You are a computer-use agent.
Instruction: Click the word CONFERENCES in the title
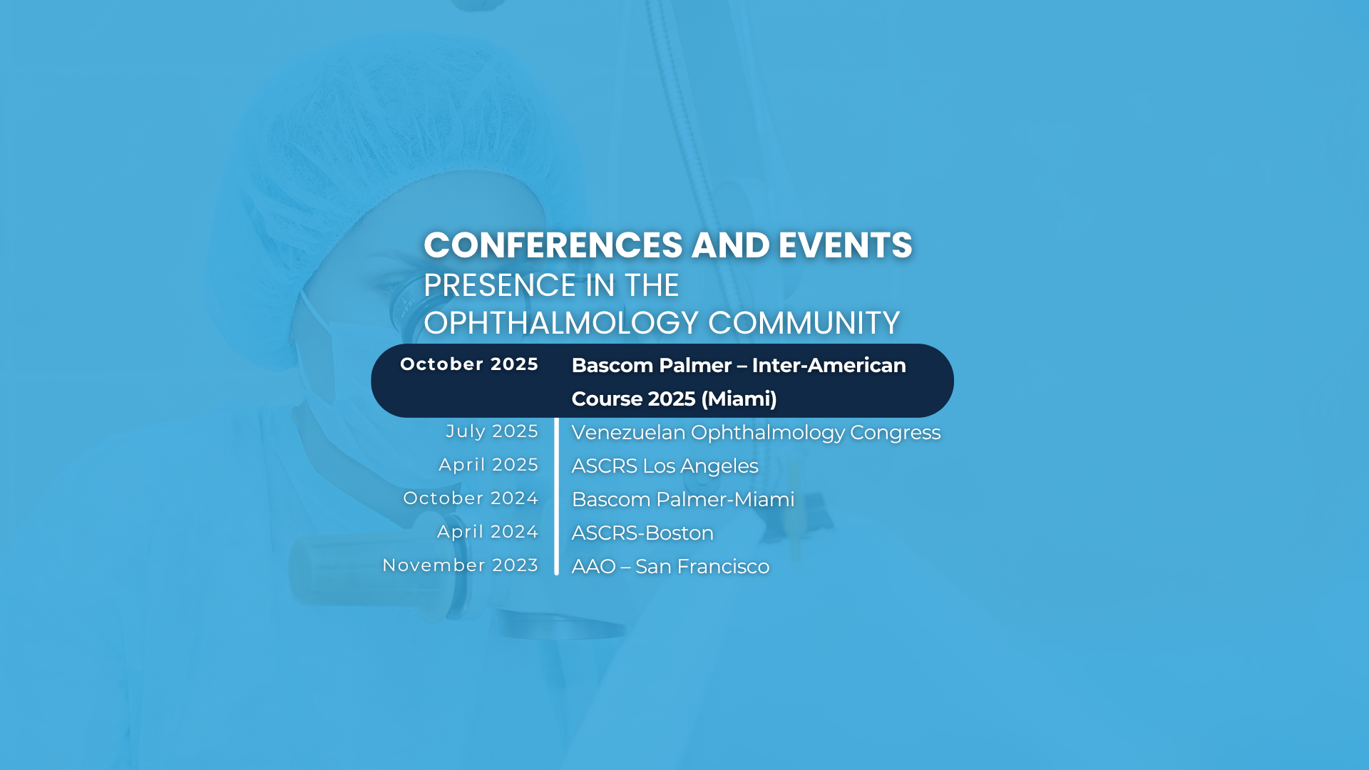553,245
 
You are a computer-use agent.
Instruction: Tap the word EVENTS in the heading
845,245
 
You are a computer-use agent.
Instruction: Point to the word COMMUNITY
804,323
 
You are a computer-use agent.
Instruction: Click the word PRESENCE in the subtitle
500,285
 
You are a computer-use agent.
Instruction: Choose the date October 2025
469,364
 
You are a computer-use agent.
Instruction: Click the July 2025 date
492,431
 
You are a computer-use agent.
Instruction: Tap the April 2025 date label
488,465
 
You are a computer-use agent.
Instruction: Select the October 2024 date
471,498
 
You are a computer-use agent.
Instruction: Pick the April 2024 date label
488,532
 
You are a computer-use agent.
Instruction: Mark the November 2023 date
461,565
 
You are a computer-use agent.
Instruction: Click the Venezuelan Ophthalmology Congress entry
756,433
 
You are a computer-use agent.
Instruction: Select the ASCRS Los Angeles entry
665,466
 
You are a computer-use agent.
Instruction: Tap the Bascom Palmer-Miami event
683,499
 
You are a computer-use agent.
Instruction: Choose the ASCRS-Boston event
642,533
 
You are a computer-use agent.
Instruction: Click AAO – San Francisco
670,566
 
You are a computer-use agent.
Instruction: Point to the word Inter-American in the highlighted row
829,365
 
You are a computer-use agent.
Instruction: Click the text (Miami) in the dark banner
739,399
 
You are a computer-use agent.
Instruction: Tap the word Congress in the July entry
895,433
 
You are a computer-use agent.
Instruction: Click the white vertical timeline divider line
556,496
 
